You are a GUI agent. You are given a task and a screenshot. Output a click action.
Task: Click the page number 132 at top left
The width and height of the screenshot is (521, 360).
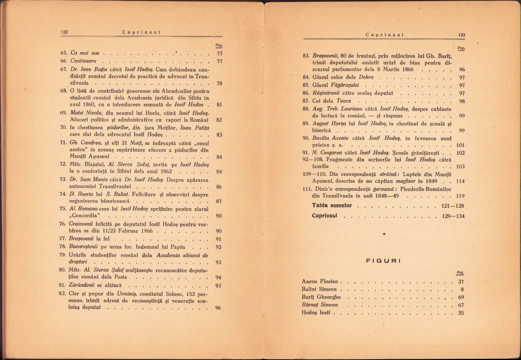point(64,32)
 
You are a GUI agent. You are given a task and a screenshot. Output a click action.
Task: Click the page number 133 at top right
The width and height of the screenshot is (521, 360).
point(461,35)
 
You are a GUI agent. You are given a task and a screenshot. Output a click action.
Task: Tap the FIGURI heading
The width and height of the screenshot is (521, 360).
point(383,261)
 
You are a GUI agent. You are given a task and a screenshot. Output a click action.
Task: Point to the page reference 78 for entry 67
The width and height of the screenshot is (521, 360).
point(219,83)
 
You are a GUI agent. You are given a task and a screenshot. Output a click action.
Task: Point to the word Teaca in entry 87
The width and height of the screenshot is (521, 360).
point(343,101)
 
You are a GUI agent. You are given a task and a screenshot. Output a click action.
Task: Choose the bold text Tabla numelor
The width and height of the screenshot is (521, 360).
point(332,205)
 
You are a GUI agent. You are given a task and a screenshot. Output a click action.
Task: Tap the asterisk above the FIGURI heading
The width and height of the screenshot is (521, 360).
point(384,234)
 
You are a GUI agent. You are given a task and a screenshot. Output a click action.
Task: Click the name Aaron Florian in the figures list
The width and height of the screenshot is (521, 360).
point(320,281)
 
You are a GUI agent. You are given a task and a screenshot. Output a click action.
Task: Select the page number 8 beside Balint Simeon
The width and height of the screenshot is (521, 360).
point(462,289)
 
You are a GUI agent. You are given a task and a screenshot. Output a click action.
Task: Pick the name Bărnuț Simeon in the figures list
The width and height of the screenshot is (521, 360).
point(320,305)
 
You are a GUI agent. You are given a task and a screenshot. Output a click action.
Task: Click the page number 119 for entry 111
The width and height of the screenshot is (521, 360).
point(460,196)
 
